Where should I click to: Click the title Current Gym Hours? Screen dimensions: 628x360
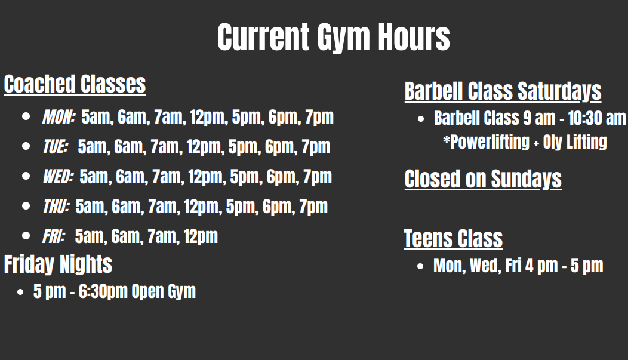[x=334, y=37]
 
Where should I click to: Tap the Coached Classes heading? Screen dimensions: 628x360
[x=75, y=84]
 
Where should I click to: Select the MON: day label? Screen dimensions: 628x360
[x=59, y=117]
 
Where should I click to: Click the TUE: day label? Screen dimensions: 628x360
[x=56, y=147]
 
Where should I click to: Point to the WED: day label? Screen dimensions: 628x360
[x=58, y=177]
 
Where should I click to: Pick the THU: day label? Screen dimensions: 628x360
[x=56, y=207]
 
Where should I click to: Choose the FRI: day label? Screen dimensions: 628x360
[x=54, y=236]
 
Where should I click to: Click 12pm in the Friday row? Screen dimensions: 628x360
[x=201, y=236]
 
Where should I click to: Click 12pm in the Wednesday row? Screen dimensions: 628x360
[x=205, y=177]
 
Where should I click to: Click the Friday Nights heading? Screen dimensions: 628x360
[x=58, y=264]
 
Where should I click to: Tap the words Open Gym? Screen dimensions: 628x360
[x=164, y=291]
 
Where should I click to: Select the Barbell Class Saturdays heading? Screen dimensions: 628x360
[x=503, y=91]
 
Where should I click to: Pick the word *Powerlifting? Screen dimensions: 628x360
[x=486, y=142]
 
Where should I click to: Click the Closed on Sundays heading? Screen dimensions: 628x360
[x=483, y=179]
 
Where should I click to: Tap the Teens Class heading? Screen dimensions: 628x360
[x=453, y=239]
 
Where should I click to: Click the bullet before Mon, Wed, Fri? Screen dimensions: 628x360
[x=420, y=266]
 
